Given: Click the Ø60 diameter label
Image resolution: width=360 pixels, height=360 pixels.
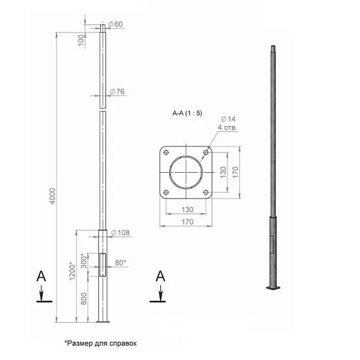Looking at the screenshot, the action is click(x=115, y=24).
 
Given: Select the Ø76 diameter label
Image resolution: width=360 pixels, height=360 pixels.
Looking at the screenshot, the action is click(x=117, y=92).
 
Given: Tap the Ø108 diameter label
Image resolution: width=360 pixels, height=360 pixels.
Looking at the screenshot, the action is click(x=121, y=233).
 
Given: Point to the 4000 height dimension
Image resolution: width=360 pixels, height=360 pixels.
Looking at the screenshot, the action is click(x=53, y=196).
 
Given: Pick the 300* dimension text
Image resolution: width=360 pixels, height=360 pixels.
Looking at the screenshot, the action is click(x=84, y=261).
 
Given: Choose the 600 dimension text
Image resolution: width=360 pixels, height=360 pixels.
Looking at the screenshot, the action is click(x=84, y=298).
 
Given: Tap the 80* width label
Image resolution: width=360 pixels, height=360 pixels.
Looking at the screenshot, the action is click(x=121, y=263).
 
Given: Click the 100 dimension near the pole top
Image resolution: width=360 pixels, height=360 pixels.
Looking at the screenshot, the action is click(x=81, y=40).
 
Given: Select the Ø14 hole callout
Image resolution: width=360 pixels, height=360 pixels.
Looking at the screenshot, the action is click(x=228, y=119).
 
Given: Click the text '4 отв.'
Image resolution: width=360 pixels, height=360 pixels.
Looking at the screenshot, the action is click(x=227, y=127).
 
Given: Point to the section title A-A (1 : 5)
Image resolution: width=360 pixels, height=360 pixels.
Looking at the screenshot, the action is click(x=187, y=113).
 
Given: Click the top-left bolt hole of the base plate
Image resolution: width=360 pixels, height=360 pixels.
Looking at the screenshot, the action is click(x=166, y=152).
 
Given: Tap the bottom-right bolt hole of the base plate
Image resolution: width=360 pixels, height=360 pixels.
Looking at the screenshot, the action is click(x=206, y=192).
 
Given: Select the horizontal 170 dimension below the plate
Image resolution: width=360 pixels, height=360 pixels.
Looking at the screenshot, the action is click(x=188, y=222).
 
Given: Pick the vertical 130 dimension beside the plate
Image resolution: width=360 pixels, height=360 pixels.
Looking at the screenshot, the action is click(x=223, y=172).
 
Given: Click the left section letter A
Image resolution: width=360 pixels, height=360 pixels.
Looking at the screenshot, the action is click(x=41, y=276).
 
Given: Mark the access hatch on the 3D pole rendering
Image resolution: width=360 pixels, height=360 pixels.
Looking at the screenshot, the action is click(x=272, y=244).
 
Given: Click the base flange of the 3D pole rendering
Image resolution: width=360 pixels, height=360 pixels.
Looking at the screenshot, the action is click(x=274, y=287).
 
